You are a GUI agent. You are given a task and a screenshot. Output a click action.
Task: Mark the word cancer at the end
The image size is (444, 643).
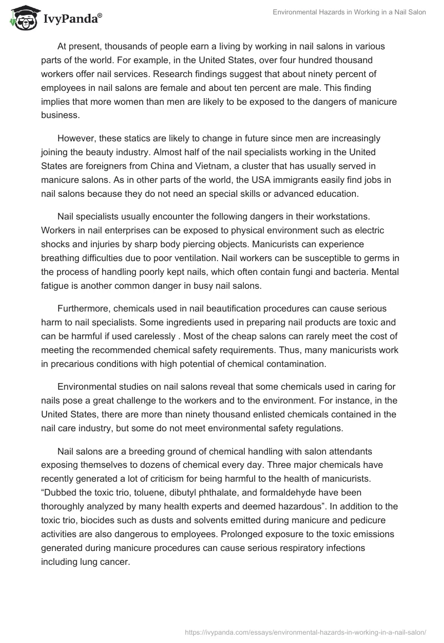(x=114, y=561)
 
